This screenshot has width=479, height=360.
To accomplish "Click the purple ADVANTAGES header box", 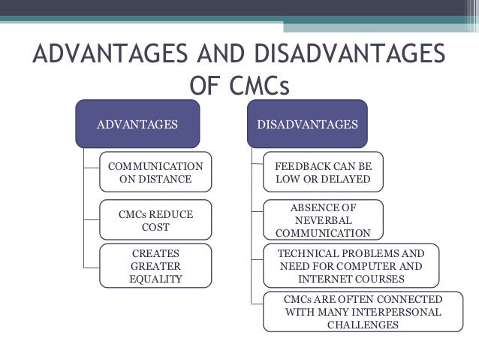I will [x=137, y=123].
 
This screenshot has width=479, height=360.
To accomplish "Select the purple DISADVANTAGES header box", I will [x=307, y=123].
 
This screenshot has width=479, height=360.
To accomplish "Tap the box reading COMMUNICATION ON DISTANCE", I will [x=155, y=172].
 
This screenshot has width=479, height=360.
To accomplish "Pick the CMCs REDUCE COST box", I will [x=155, y=220].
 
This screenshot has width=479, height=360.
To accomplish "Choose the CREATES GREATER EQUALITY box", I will [x=155, y=265].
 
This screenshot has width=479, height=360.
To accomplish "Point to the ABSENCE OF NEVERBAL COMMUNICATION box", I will [x=323, y=219].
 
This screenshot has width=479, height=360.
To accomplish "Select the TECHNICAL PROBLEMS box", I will [x=351, y=265].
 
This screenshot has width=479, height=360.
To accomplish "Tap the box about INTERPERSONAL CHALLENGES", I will [x=363, y=312].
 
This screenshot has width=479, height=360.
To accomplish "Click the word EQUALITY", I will [x=155, y=279].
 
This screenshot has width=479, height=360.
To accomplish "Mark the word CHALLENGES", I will [x=363, y=325].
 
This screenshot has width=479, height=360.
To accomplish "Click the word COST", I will [x=155, y=227].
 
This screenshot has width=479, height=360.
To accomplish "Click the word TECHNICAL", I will [x=309, y=253].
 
